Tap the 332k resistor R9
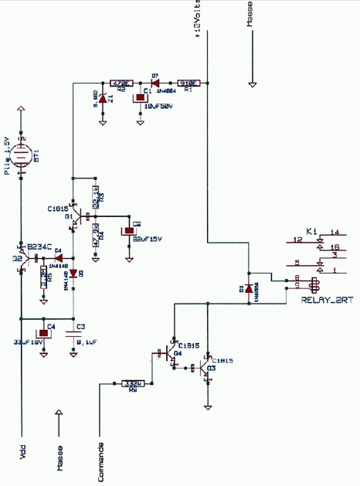coord(133,382)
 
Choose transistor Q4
coord(171,353)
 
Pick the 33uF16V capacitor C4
coord(45,333)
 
